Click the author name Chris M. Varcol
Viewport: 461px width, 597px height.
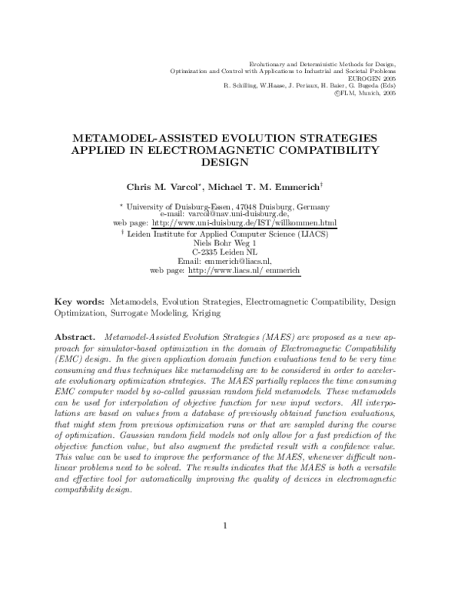click(157, 187)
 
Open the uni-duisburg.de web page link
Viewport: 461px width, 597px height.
click(244, 223)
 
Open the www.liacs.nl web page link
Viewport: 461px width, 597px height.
click(244, 271)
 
